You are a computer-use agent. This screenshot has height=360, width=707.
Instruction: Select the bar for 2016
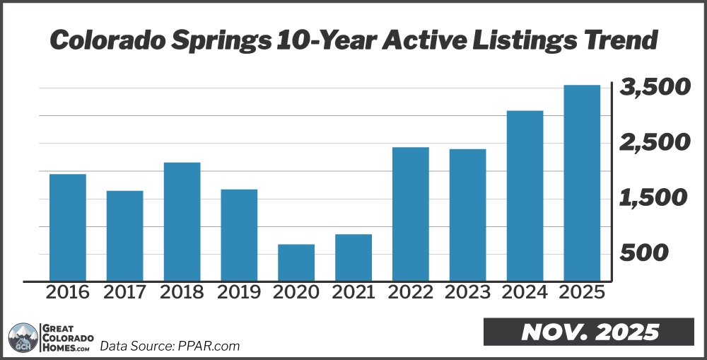[68, 227]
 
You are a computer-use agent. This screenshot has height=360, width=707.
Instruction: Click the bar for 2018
[182, 221]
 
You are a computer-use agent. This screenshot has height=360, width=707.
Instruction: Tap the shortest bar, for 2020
[296, 262]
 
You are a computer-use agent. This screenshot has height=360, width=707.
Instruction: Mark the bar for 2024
[525, 195]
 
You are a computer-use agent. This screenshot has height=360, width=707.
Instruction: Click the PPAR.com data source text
[209, 346]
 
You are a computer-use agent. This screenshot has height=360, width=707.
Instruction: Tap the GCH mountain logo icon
[23, 338]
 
